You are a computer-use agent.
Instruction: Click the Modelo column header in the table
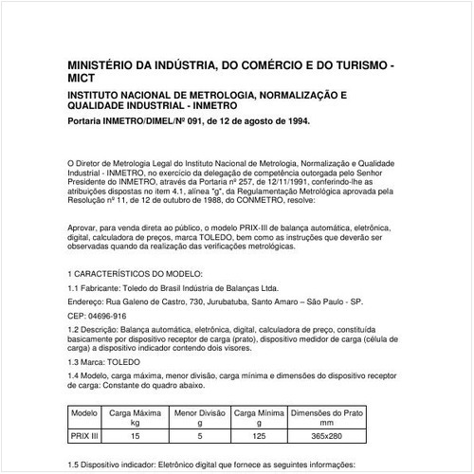[x=85, y=414]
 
